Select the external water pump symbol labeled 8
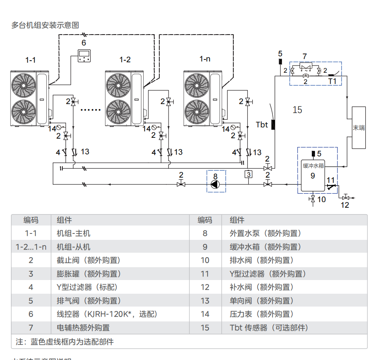(216, 184)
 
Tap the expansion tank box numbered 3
(249, 174)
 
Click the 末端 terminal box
(359, 128)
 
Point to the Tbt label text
(262, 125)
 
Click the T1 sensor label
(332, 81)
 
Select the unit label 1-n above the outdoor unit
(205, 59)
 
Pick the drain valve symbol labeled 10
(313, 199)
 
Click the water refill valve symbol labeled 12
(346, 197)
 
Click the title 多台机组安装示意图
(45, 25)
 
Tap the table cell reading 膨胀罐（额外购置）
(89, 274)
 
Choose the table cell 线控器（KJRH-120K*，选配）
(107, 314)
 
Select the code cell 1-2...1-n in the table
(31, 247)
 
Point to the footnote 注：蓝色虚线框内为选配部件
(64, 342)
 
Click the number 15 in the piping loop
(297, 110)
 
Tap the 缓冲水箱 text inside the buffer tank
(313, 166)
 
